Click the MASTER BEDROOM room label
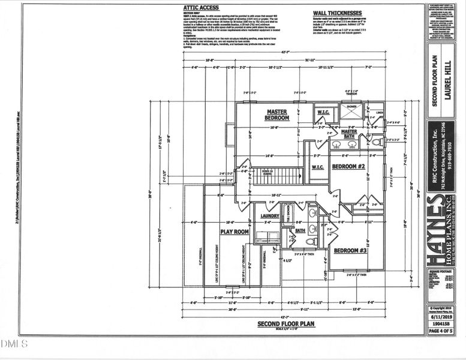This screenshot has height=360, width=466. pos(278,115)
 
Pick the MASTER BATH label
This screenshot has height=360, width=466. pos(349,134)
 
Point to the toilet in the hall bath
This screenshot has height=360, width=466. pos(311,241)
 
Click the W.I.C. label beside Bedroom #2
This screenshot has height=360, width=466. pos(318,167)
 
